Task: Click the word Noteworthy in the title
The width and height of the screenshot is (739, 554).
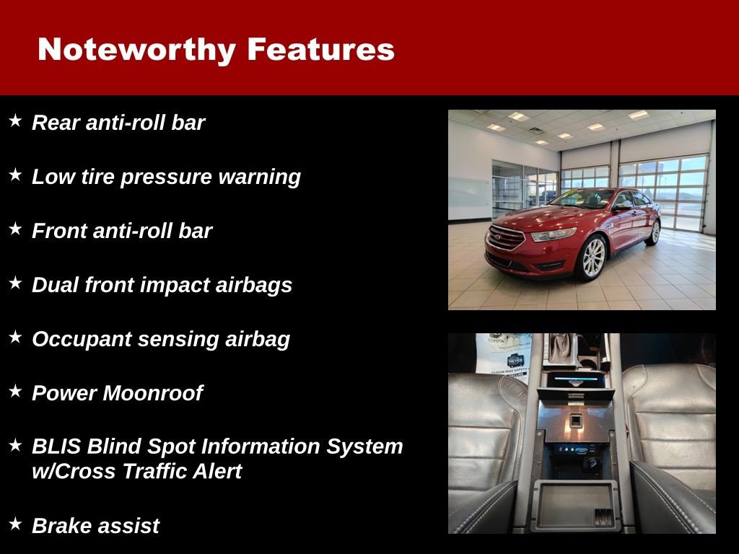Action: [136, 50]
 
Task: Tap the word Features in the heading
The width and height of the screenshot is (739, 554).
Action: [320, 50]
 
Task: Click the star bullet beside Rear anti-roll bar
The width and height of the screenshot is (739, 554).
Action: [15, 121]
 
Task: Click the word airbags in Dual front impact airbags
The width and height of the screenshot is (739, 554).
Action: [254, 285]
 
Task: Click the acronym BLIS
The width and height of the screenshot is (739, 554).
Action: [56, 447]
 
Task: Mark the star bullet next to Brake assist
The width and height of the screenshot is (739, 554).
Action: [15, 524]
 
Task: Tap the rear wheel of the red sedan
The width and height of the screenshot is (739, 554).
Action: [655, 232]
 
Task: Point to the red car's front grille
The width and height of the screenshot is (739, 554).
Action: [506, 237]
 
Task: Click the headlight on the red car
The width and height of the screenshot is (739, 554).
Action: [554, 234]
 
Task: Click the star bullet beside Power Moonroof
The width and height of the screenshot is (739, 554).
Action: [15, 392]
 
